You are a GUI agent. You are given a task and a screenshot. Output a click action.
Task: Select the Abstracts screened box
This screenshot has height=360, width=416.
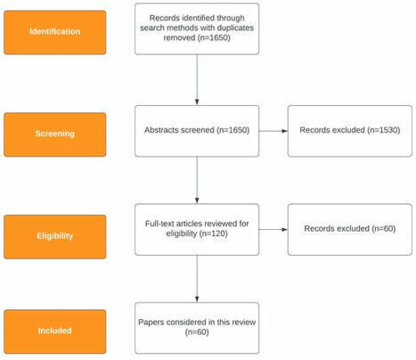point(196,130)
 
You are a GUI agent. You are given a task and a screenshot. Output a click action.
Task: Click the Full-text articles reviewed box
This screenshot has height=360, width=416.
point(196,228)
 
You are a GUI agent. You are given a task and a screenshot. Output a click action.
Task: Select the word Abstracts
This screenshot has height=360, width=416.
point(160,130)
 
